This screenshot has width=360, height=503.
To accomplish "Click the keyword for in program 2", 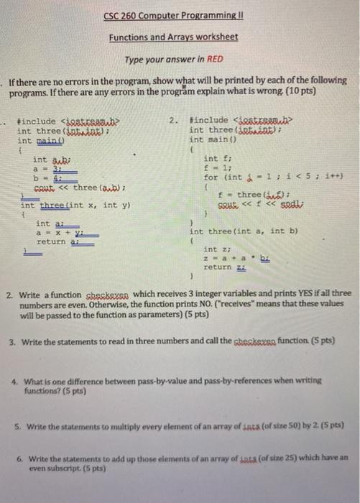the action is tap(211, 176).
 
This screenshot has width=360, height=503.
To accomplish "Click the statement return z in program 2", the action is tap(218, 266).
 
